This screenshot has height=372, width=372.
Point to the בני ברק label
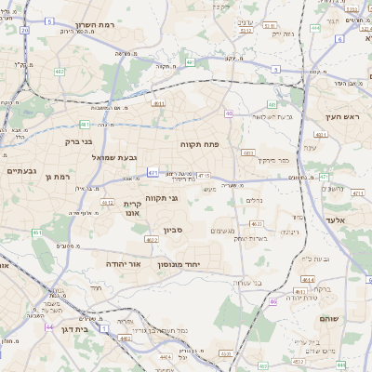77,141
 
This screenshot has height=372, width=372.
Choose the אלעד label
336,219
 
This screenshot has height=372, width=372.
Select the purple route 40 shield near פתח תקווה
229,113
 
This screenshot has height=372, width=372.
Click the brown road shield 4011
159,103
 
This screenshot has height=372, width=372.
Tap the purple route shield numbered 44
48,326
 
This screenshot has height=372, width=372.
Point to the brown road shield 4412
108,202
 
